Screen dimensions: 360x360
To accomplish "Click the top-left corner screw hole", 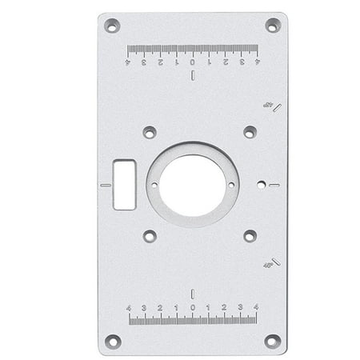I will click(112, 26).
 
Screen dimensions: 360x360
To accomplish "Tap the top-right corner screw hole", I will click(272, 26).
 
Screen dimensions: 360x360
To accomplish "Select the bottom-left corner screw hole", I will click(112, 341).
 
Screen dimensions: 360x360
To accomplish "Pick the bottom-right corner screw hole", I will click(272, 341).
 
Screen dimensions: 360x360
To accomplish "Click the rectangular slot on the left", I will click(124, 184).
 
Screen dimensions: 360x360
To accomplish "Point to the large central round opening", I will click(192, 185).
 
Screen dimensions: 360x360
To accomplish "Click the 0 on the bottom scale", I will click(192, 307).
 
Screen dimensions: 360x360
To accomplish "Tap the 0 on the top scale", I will click(192, 62).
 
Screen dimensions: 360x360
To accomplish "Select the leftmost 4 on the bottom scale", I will click(129, 307).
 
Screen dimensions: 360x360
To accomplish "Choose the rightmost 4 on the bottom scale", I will click(255, 307).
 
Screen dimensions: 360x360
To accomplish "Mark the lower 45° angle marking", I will click(270, 262).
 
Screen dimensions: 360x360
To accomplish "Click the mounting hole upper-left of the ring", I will click(150, 132).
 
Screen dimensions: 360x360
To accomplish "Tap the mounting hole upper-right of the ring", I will click(250, 132).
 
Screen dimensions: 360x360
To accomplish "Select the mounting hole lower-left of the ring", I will click(150, 236).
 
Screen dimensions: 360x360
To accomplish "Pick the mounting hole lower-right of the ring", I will click(250, 236).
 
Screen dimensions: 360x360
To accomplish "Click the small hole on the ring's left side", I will click(154, 185).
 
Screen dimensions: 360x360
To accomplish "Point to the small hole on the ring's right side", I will click(231, 185).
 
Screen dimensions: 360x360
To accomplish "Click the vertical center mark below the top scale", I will click(192, 76).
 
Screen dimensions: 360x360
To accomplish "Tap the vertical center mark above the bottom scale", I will click(192, 292).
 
